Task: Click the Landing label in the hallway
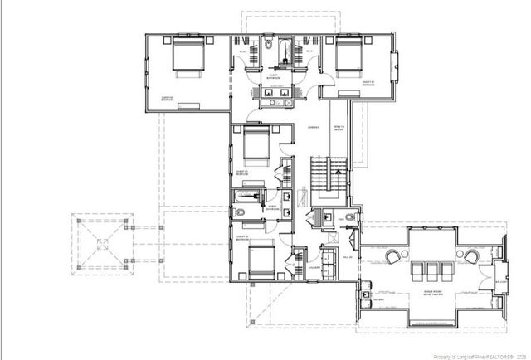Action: pos(314,128)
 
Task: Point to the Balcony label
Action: pos(500,282)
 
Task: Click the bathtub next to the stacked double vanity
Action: pos(247,198)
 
